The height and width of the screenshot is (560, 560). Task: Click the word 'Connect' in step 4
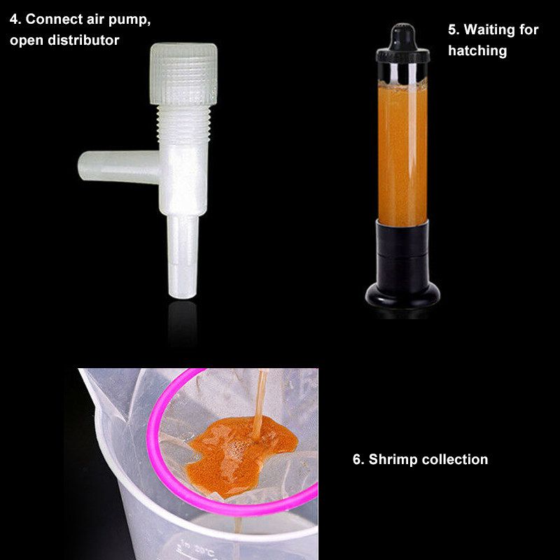tap(55, 19)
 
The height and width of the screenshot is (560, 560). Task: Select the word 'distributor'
tap(83, 40)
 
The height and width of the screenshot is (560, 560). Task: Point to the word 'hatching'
tap(477, 50)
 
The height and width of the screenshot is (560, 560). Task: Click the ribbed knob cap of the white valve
tap(183, 73)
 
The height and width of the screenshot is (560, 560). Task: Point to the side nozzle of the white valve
tap(118, 167)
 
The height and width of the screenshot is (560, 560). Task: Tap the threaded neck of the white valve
tap(183, 124)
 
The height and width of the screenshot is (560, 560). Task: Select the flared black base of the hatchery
tap(402, 295)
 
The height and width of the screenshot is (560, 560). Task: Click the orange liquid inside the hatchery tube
tap(402, 153)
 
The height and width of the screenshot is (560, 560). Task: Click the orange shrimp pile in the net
tap(240, 454)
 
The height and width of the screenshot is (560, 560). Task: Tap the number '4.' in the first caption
tap(15, 20)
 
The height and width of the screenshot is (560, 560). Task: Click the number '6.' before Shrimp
tap(358, 460)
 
